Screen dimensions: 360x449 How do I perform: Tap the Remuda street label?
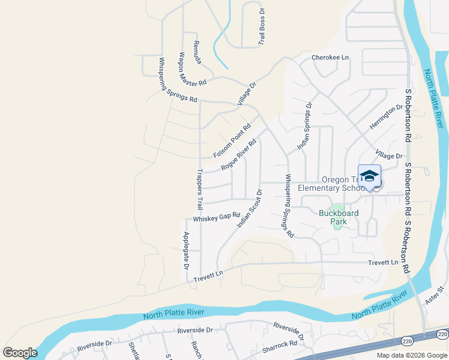pyautogui.click(x=197, y=53)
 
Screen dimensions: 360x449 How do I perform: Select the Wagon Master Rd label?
pyautogui.click(x=192, y=70)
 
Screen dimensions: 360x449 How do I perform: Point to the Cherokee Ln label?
pyautogui.click(x=330, y=58)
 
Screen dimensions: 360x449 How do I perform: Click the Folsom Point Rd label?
pyautogui.click(x=232, y=141)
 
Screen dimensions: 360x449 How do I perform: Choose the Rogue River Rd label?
pyautogui.click(x=238, y=155)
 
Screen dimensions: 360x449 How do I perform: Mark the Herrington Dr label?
pyautogui.click(x=386, y=116)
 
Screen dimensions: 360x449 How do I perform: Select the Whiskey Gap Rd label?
pyautogui.click(x=216, y=217)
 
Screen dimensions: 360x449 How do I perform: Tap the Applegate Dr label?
pyautogui.click(x=186, y=250)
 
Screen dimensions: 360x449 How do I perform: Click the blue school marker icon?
pyautogui.click(x=369, y=176)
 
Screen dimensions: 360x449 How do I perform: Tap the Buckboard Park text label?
pyautogui.click(x=339, y=217)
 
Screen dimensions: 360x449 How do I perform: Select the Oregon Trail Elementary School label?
pyautogui.click(x=334, y=184)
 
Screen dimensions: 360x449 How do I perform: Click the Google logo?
pyautogui.click(x=20, y=352)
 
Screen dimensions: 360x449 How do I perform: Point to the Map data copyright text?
pyautogui.click(x=412, y=355)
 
